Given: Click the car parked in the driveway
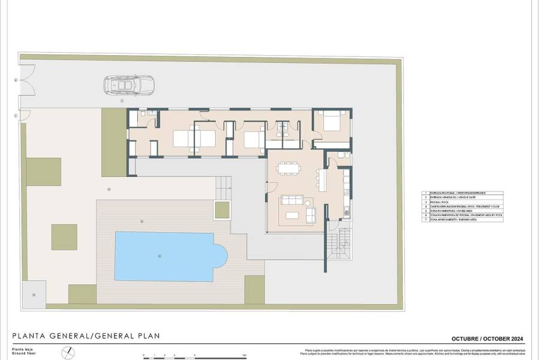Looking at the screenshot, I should [x=128, y=86].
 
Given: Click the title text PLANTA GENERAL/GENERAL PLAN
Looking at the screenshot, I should [x=86, y=335].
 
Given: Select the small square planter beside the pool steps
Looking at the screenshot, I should [x=222, y=210].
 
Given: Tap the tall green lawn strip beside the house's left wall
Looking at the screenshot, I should [x=113, y=142].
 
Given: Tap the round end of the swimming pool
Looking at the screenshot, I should [x=221, y=256].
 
